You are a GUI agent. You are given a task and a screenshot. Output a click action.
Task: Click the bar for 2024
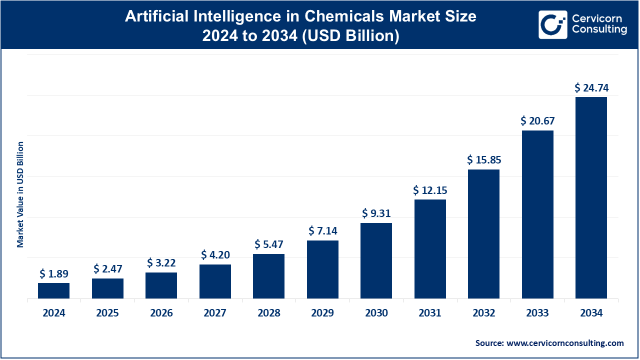coord(53,290)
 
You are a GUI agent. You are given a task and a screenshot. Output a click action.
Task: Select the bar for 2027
coord(215,281)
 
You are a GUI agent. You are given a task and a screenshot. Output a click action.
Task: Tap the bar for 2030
coord(376,260)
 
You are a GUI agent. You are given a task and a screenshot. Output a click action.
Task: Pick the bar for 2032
coord(483,233)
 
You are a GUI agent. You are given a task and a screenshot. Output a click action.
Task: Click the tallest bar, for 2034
coord(591,197)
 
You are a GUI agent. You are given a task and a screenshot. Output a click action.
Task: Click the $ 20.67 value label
coord(537,121)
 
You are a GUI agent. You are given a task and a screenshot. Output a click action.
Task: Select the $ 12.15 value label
coord(430,190)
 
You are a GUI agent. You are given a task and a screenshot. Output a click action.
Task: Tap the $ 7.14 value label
coord(322,231)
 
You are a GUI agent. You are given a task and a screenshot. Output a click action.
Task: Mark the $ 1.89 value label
coord(53,274)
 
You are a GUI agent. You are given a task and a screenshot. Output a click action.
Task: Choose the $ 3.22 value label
coord(161,263)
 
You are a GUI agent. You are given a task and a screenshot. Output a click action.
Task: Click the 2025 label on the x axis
coord(107,313)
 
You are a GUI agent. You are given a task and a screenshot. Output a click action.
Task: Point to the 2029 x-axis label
coord(322,313)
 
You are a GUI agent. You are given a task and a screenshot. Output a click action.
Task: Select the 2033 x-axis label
coord(537,313)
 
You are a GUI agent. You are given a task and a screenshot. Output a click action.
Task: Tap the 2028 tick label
coord(269,313)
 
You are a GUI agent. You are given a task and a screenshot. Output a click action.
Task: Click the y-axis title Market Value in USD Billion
coord(20,194)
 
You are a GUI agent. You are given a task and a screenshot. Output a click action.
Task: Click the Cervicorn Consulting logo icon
coord(552,24)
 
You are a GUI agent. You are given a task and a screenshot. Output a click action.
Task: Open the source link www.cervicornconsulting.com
coord(565,343)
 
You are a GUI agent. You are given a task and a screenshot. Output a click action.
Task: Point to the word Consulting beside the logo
coord(599,30)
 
